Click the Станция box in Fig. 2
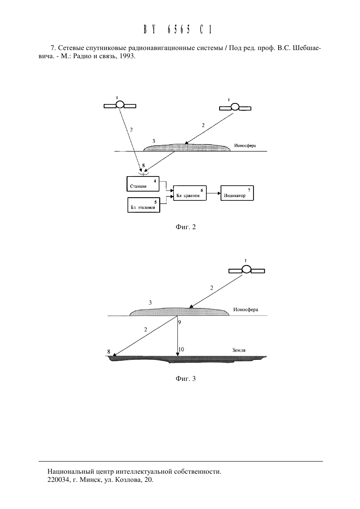tap(143, 184)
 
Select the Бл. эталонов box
tap(144, 205)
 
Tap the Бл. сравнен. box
tap(190, 193)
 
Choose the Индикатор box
tap(237, 193)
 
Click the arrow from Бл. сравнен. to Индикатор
tap(214, 193)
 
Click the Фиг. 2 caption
tap(185, 227)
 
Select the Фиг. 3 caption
tap(185, 379)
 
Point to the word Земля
tap(239, 350)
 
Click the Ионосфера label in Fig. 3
tap(246, 310)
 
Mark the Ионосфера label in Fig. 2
tap(245, 146)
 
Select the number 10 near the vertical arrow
tap(181, 349)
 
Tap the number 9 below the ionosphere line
tap(180, 322)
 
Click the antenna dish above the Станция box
tap(144, 174)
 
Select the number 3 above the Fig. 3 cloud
tap(150, 303)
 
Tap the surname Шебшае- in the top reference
tap(307, 48)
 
